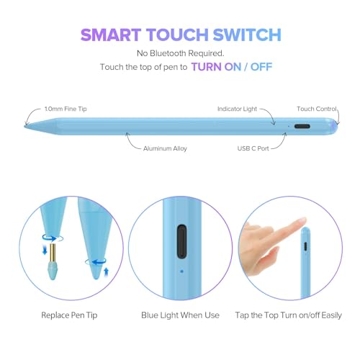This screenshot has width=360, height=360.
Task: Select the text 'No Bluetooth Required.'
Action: click(x=180, y=53)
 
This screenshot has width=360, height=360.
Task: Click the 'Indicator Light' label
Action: click(x=237, y=109)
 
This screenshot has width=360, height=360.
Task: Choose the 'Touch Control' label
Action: click(x=315, y=109)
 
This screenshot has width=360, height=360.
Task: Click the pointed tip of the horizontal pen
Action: click(x=27, y=127)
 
